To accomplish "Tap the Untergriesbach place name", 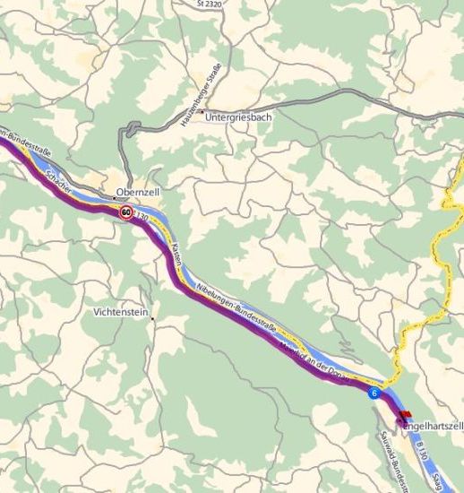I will click(240, 116).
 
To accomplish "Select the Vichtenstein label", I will click(121, 313).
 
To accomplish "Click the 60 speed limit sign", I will click(125, 213).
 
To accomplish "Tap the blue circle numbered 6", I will click(373, 393).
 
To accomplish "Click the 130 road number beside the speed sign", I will click(142, 217).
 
